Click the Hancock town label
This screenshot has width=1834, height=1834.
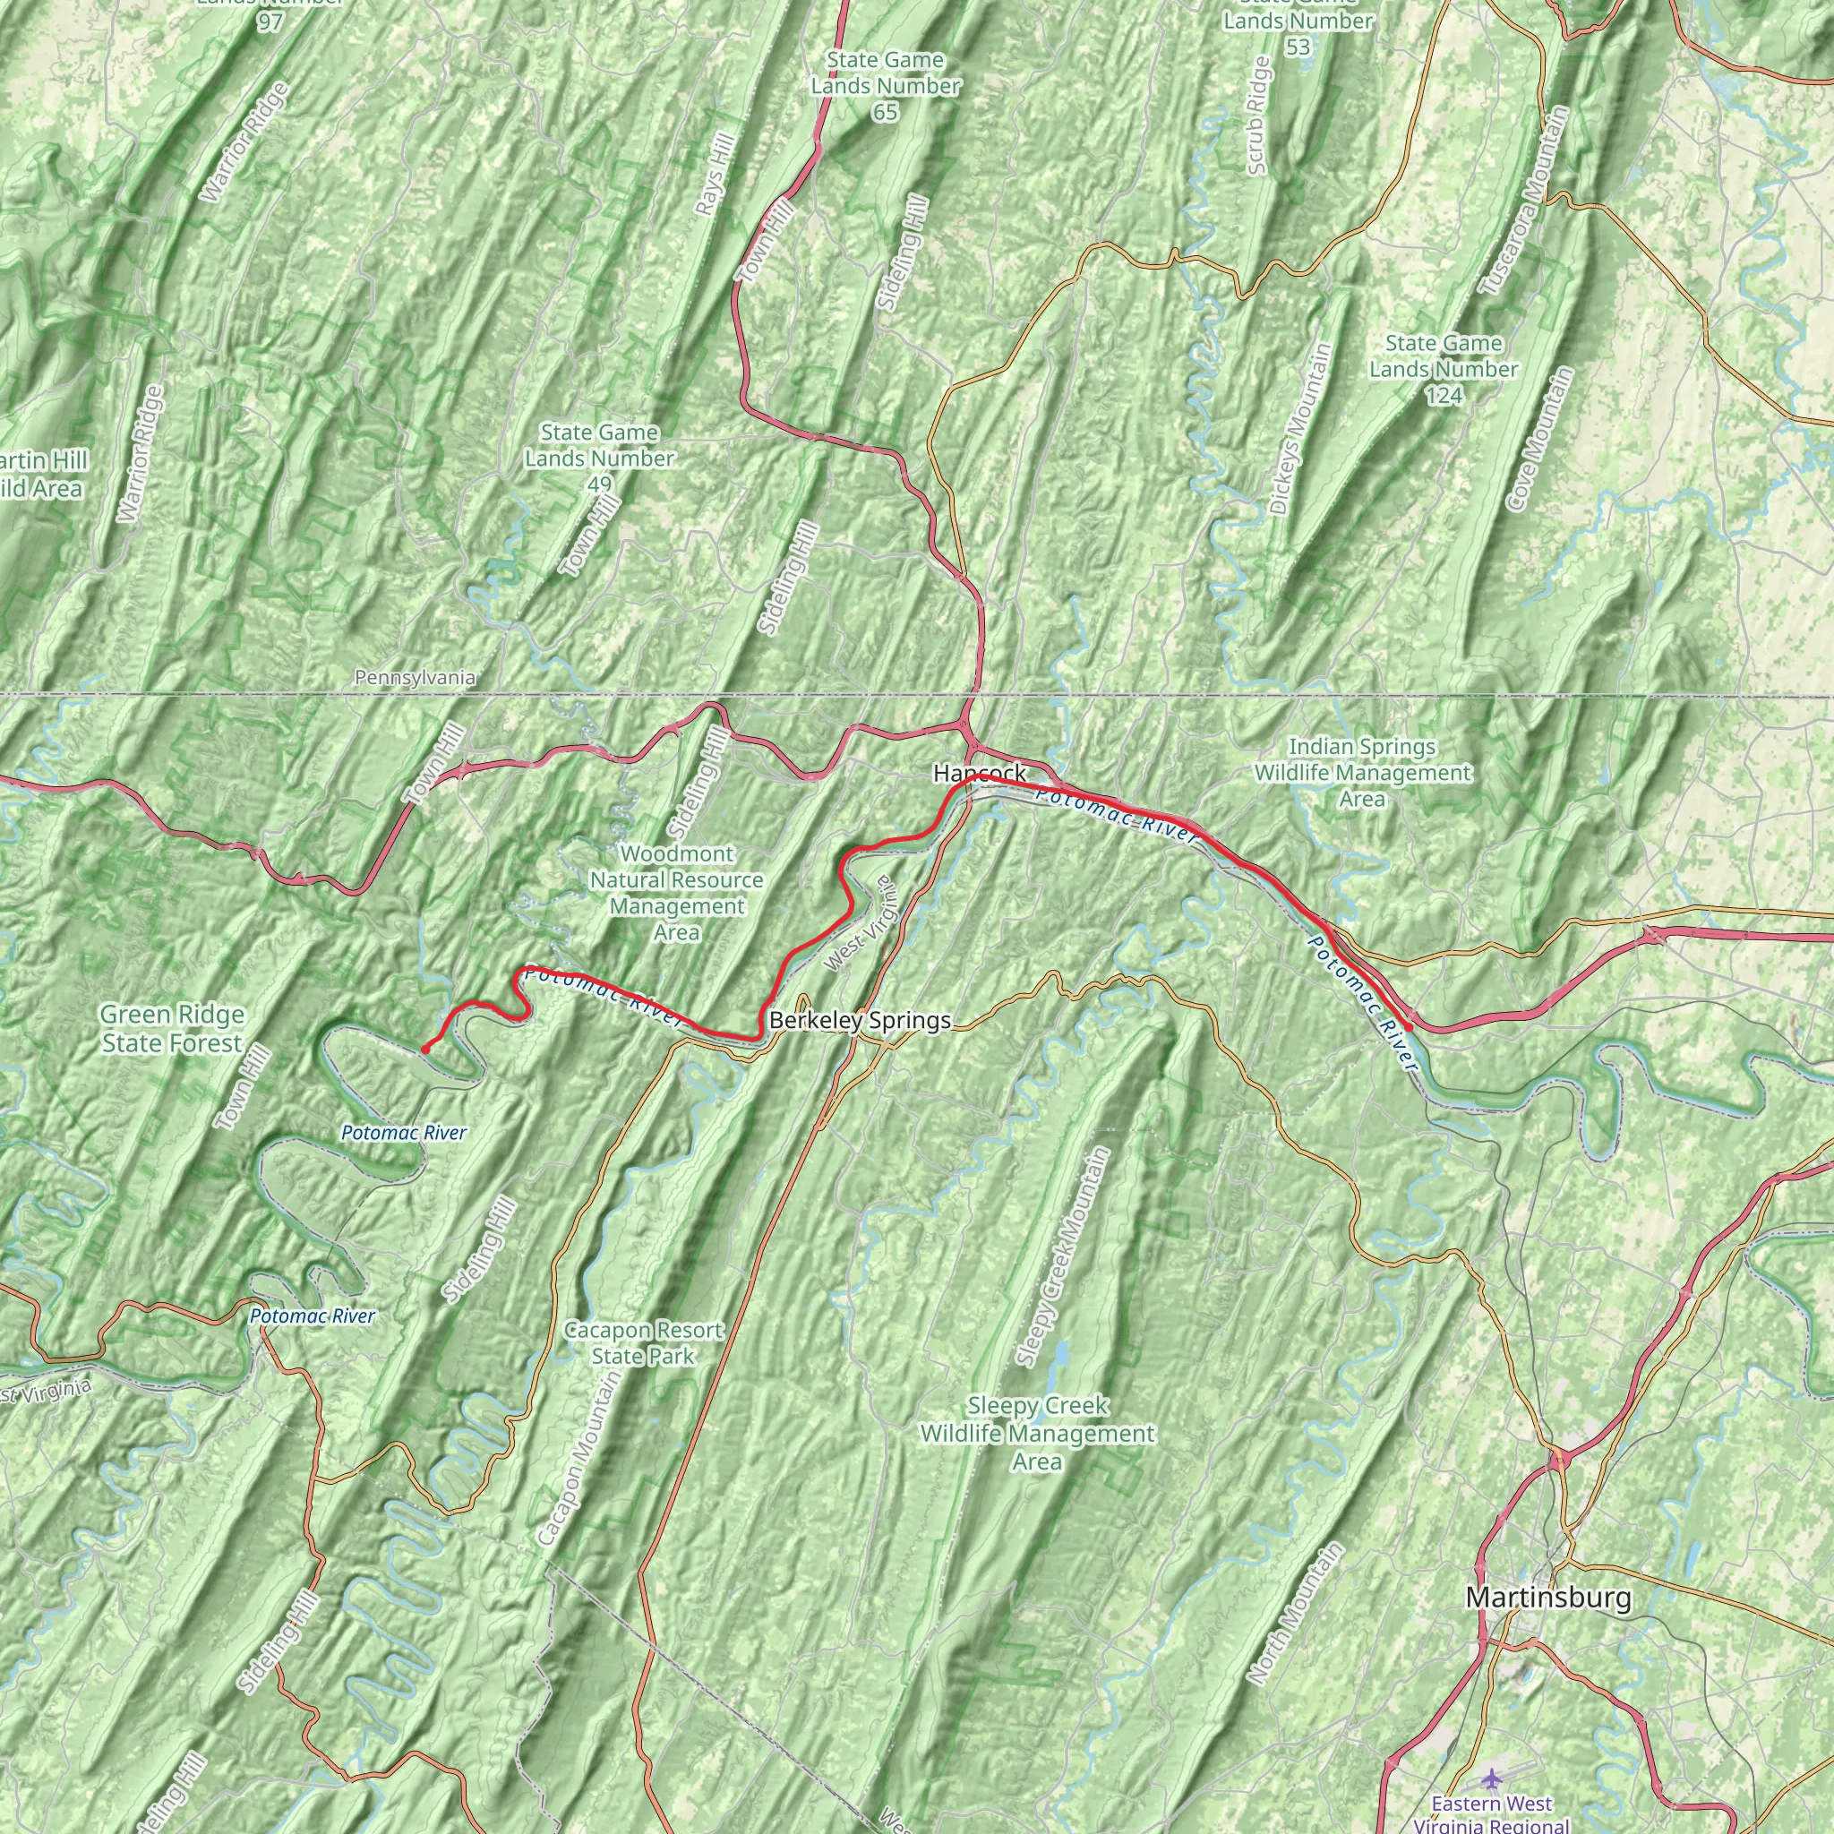(980, 774)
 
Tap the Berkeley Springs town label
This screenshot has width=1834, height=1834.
(860, 1021)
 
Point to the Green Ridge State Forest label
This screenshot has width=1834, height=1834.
(172, 1029)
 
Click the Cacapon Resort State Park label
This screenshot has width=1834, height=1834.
(644, 1343)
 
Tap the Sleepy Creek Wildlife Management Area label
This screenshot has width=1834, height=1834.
(1038, 1434)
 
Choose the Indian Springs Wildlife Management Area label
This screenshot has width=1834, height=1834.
(1362, 773)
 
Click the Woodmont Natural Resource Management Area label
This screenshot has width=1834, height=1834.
(677, 893)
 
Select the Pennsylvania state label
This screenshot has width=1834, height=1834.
(415, 678)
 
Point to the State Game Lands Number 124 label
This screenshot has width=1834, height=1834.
(1443, 369)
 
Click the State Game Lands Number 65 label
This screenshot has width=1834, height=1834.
(886, 86)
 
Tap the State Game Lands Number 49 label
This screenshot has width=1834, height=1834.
(599, 458)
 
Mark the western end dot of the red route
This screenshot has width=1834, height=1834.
(426, 1049)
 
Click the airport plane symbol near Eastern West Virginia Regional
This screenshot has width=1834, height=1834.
(1491, 1776)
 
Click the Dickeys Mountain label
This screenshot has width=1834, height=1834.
(1299, 429)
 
